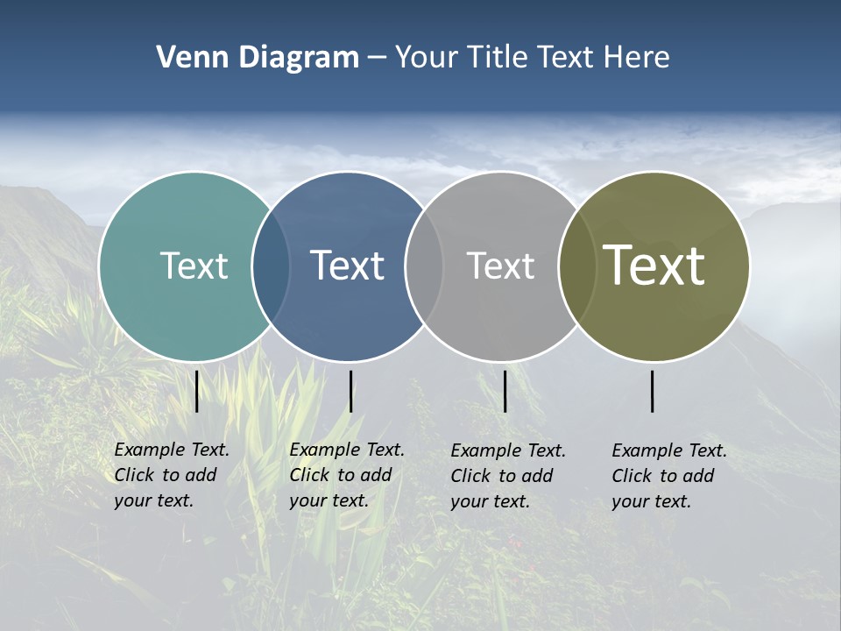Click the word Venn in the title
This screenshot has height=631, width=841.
click(x=188, y=58)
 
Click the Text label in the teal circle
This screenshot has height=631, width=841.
click(x=194, y=266)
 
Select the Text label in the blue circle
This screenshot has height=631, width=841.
click(x=347, y=266)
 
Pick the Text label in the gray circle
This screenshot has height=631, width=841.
click(x=500, y=266)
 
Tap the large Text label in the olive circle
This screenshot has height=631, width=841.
click(x=654, y=265)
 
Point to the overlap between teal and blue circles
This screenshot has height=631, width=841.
click(x=271, y=266)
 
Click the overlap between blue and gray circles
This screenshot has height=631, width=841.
click(x=424, y=266)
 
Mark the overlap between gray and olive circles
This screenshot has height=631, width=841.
click(x=577, y=266)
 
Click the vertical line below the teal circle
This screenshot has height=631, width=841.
click(x=197, y=391)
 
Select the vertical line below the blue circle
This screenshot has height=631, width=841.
click(x=350, y=391)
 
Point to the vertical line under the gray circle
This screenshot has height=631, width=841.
click(x=505, y=391)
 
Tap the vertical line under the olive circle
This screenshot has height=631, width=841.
click(x=653, y=391)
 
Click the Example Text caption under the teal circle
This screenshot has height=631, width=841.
click(x=172, y=475)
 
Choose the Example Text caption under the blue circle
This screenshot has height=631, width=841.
click(x=347, y=475)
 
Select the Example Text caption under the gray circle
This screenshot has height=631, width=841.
click(x=508, y=476)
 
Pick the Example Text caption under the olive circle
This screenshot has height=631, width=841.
click(x=669, y=476)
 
